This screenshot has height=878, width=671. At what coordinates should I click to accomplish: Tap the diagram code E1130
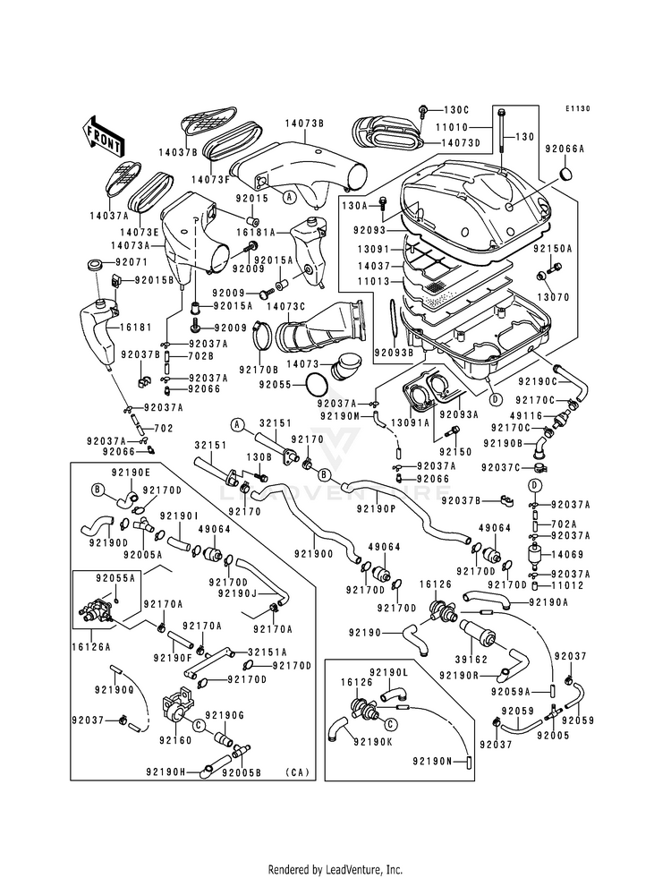(x=579, y=109)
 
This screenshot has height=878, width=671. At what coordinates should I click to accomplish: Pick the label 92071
(x=130, y=264)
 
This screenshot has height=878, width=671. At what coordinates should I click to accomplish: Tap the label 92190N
(x=435, y=761)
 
